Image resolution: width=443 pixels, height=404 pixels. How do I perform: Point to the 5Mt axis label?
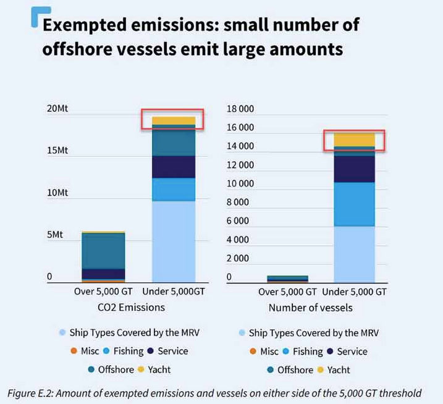(55, 235)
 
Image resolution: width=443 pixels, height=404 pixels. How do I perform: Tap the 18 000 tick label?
(240, 109)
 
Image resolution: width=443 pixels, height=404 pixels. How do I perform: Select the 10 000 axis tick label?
(240, 183)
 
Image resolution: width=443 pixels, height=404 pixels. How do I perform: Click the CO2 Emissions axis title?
(130, 307)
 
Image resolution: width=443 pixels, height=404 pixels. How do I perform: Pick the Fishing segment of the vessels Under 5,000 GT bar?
(354, 204)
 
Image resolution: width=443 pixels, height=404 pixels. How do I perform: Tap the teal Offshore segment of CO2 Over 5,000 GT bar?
(103, 250)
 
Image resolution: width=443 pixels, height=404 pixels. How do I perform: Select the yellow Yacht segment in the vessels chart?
(354, 140)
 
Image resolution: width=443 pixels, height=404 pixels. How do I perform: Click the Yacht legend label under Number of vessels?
(339, 369)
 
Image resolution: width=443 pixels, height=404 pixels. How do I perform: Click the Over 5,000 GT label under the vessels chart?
(287, 292)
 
